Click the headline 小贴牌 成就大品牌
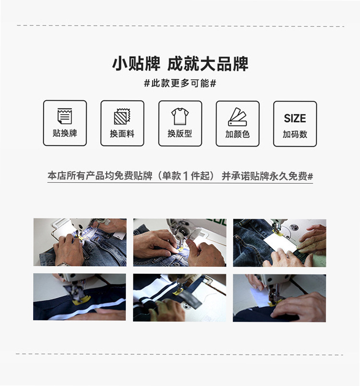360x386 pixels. click(180, 64)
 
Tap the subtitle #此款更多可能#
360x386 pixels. click(180, 83)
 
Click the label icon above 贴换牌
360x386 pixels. click(65, 116)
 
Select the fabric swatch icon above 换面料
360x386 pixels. click(122, 116)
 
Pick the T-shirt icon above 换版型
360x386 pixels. click(180, 116)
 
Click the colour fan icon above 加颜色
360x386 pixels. click(237, 117)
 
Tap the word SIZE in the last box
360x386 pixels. click(295, 118)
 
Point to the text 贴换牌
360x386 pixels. click(65, 133)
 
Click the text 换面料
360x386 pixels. click(122, 134)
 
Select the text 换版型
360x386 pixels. click(180, 134)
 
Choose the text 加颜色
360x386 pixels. click(237, 134)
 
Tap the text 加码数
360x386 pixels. click(295, 134)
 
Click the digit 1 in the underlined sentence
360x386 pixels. click(186, 176)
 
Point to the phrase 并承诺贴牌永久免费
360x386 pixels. click(264, 176)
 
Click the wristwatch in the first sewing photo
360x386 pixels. click(64, 264)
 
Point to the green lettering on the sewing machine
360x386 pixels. click(217, 222)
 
